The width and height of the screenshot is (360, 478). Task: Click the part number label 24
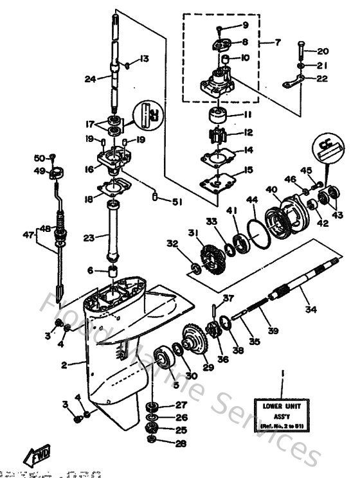pyautogui.click(x=89, y=80)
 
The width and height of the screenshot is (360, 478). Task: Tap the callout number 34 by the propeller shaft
pyautogui.click(x=310, y=310)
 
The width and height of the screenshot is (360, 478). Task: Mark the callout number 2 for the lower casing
pyautogui.click(x=63, y=366)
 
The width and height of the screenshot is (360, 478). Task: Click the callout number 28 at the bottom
pyautogui.click(x=182, y=443)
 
